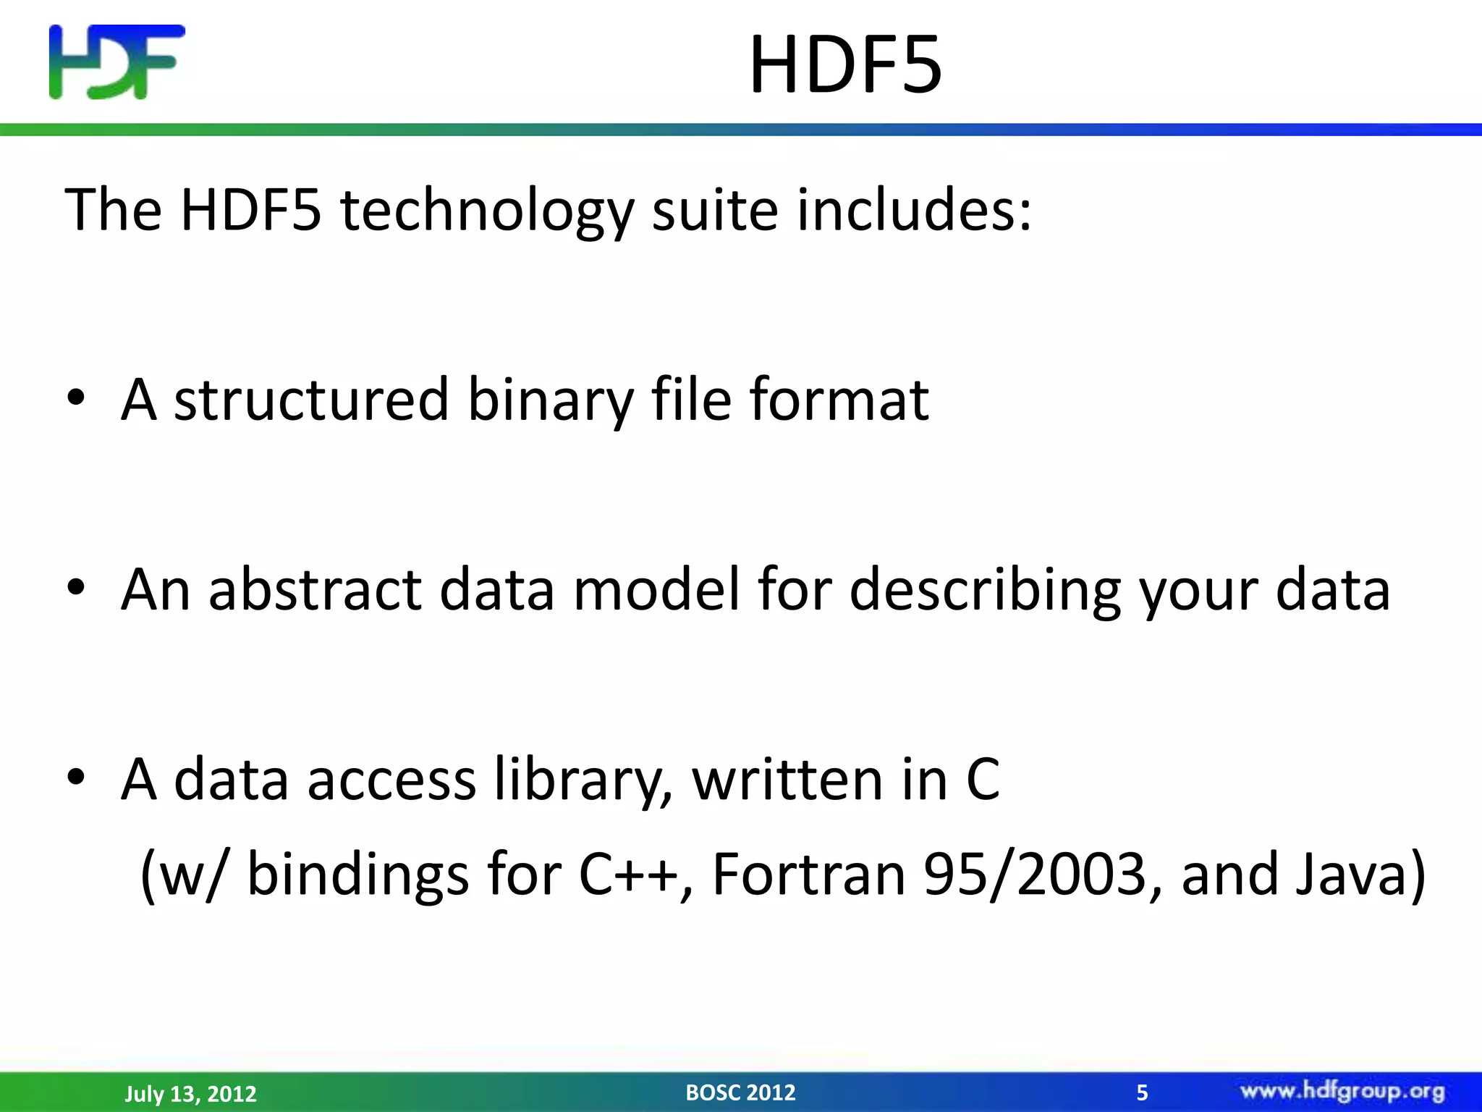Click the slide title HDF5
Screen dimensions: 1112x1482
pyautogui.click(x=845, y=65)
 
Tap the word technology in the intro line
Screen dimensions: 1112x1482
pyautogui.click(x=486, y=210)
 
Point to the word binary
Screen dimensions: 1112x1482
pyautogui.click(x=550, y=400)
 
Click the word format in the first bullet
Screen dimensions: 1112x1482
pyautogui.click(x=839, y=399)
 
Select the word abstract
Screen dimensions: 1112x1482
pyautogui.click(x=314, y=589)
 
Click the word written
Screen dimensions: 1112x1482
pyautogui.click(x=787, y=780)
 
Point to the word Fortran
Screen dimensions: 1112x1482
pyautogui.click(x=809, y=875)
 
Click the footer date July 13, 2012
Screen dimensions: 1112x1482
pyautogui.click(x=190, y=1093)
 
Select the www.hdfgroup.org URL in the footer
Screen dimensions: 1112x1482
pyautogui.click(x=1342, y=1091)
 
